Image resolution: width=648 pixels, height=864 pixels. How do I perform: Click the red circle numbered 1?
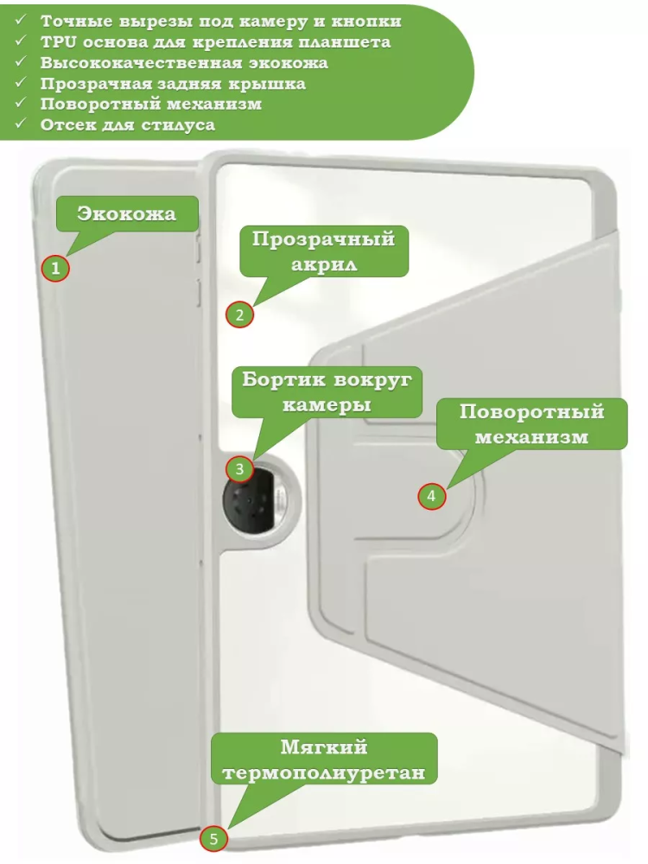pos(55,269)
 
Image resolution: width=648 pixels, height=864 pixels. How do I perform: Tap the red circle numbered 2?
pos(239,314)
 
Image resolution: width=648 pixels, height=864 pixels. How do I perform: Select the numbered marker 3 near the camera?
pos(239,469)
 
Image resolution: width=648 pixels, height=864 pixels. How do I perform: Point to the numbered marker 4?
pos(431,496)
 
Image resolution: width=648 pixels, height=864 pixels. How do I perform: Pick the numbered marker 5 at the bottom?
pos(213,839)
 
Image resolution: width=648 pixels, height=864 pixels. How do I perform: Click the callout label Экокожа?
pos(127,213)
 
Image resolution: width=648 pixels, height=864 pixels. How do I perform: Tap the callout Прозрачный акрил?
pos(324,251)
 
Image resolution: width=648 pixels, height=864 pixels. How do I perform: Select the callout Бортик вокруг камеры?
pos(327,391)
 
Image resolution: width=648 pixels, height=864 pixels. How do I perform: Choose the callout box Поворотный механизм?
pos(531,423)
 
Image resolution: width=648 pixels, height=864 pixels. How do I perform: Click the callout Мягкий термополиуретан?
pos(324,759)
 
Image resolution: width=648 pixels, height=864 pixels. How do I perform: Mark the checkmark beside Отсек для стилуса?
pos(21,123)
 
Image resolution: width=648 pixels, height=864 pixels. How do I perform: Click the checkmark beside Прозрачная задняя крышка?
pos(21,81)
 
